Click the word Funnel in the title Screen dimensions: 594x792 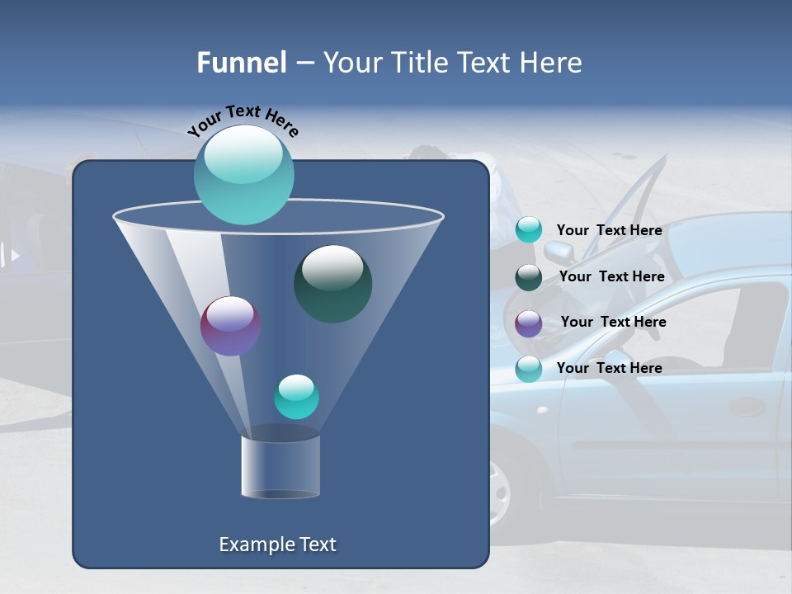coord(242,63)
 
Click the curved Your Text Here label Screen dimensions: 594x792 coord(243,120)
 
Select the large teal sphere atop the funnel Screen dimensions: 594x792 coord(243,175)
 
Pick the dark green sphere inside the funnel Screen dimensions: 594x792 coord(332,284)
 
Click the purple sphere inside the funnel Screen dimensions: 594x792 coord(230,326)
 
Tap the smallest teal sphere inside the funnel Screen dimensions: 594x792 coord(296,397)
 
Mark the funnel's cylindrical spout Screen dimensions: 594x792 coord(280,466)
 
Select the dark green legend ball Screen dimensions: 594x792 coord(529,277)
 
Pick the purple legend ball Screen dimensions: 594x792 coord(529,323)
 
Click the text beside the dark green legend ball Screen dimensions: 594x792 coord(611,276)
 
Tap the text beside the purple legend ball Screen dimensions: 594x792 coord(613,322)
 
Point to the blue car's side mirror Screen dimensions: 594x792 coord(558,250)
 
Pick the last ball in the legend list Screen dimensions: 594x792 coord(529,369)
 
